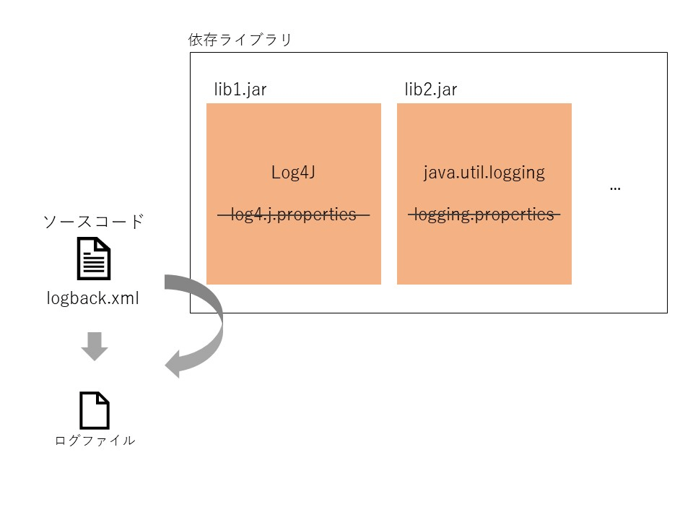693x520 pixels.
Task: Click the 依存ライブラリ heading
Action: (240, 40)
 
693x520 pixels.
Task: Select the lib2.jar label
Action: (430, 90)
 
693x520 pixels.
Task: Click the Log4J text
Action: (294, 173)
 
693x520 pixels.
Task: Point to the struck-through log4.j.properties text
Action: (294, 214)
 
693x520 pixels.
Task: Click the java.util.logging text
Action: (484, 173)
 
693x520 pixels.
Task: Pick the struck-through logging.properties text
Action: (484, 214)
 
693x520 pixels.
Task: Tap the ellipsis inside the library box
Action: (615, 188)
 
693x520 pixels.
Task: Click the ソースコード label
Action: (94, 221)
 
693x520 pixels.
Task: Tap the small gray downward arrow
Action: (94, 347)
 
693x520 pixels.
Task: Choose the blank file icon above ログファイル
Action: (94, 410)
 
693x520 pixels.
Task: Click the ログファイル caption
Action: (95, 441)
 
